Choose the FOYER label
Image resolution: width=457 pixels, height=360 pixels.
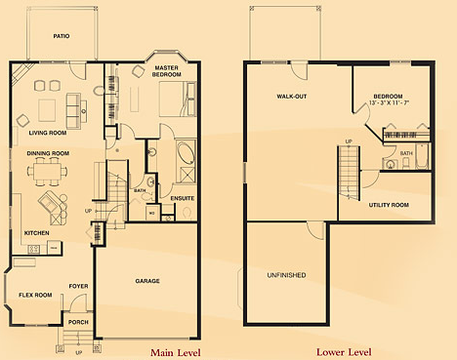tap(78, 286)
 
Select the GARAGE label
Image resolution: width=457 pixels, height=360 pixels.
tap(149, 281)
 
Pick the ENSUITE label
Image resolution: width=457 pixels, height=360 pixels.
tap(182, 199)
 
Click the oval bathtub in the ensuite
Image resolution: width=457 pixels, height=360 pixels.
tap(185, 155)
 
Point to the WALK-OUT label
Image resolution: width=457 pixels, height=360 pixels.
tap(292, 97)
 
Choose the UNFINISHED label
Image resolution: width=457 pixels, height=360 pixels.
tap(286, 275)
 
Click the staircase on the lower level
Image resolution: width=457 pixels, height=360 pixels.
tap(348, 176)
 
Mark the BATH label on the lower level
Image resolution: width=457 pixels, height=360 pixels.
tap(406, 154)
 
